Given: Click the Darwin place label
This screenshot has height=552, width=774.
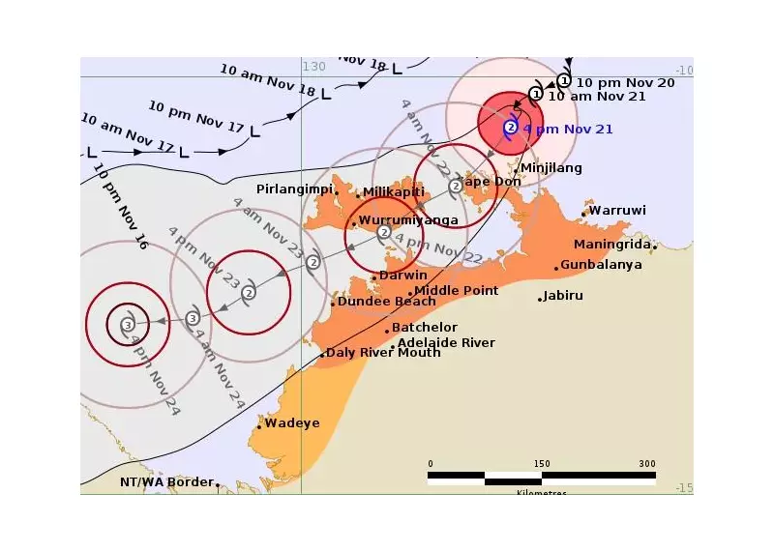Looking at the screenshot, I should [x=403, y=276].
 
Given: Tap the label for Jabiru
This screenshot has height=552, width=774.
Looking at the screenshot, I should [x=563, y=296].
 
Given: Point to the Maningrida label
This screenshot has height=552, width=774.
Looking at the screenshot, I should [x=611, y=245].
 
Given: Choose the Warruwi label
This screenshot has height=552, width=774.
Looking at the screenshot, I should [x=617, y=211].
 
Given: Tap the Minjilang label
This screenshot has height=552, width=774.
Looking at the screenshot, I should [x=551, y=168].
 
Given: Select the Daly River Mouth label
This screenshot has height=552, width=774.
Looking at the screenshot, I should [x=383, y=353].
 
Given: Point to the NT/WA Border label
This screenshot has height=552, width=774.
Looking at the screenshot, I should [x=165, y=481].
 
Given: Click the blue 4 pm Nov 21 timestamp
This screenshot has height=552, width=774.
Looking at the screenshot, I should [x=568, y=129].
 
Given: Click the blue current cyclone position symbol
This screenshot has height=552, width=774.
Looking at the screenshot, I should [x=511, y=127].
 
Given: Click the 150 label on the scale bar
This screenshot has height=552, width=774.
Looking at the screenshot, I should [x=542, y=463].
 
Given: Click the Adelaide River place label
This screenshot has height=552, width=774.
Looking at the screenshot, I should [x=446, y=343].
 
